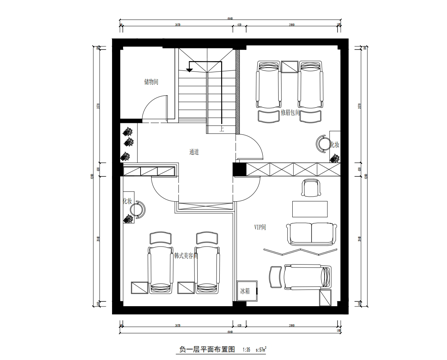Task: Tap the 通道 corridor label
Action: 194,153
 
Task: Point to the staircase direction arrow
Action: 189,68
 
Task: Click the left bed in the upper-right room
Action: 269,88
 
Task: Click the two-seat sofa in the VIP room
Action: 313,235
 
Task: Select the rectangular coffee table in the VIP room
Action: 312,210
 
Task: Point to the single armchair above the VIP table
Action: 311,188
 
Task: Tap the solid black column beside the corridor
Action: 238,169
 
